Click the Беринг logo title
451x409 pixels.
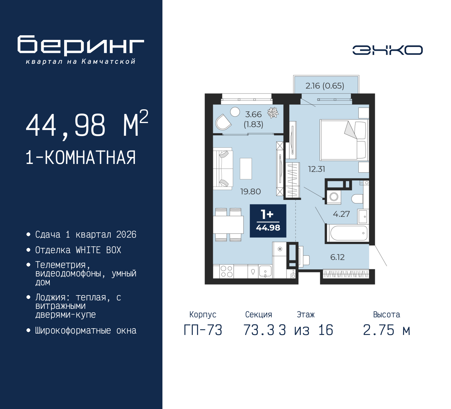click(x=80, y=45)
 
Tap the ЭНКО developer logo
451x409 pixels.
click(x=387, y=50)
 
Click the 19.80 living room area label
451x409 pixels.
click(x=251, y=191)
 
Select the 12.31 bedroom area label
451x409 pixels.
click(x=316, y=169)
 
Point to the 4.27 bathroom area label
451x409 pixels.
click(x=341, y=214)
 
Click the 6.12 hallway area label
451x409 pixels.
click(x=337, y=257)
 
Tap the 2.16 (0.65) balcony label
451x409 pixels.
click(x=325, y=86)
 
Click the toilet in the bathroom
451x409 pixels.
click(x=357, y=199)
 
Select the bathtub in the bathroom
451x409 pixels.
click(x=347, y=233)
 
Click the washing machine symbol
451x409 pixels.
click(x=334, y=197)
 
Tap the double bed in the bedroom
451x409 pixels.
click(x=344, y=140)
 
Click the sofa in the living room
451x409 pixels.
click(x=223, y=169)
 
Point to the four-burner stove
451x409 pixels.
click(x=227, y=271)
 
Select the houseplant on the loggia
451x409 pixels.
click(x=273, y=112)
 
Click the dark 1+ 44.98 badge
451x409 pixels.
click(x=268, y=221)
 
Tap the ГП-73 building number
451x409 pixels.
click(x=203, y=330)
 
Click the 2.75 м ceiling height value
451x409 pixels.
click(x=387, y=330)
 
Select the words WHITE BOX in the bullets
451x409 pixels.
click(x=98, y=250)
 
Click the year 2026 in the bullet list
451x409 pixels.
click(x=126, y=234)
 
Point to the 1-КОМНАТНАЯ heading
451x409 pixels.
click(x=81, y=158)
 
